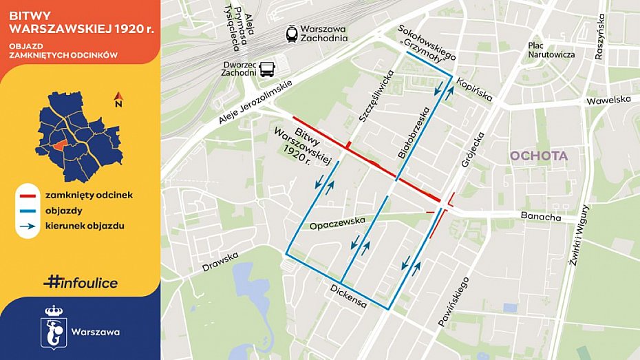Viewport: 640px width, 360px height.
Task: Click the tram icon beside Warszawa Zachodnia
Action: [292, 33]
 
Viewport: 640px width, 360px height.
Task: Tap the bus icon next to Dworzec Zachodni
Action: [266, 68]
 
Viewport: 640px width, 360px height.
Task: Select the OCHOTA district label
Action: [539, 156]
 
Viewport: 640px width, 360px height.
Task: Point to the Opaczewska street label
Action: [336, 225]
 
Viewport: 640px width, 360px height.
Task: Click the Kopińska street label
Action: [475, 89]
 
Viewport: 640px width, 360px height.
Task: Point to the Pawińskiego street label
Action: [454, 301]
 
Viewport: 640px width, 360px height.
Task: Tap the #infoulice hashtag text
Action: [80, 282]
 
